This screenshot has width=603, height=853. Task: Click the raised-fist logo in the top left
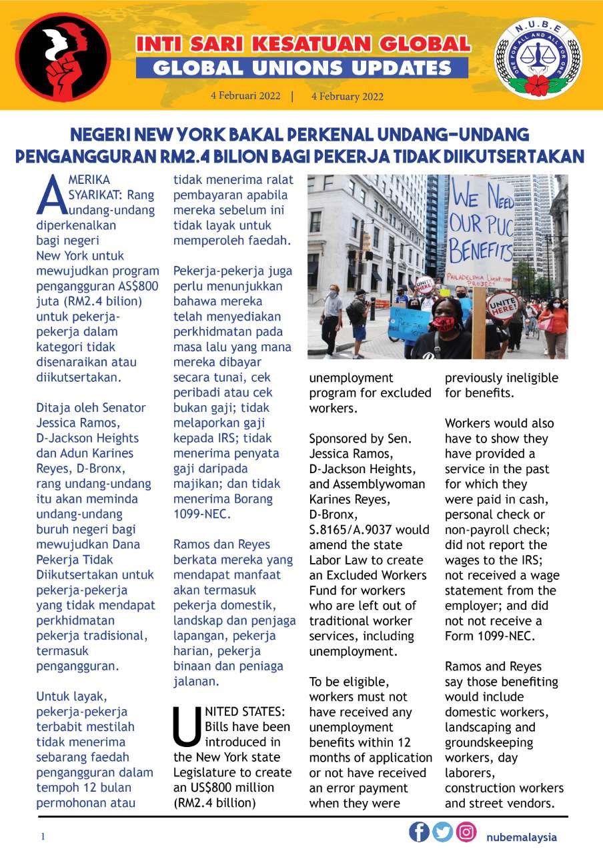[x=63, y=56]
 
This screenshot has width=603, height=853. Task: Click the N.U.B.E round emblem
[x=538, y=57]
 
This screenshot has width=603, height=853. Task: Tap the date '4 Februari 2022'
[x=245, y=96]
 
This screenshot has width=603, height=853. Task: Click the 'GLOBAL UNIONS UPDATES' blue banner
[x=302, y=68]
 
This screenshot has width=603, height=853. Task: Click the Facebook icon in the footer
[x=419, y=832]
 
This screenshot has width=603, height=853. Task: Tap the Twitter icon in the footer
[x=442, y=832]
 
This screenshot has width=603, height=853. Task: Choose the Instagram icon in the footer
[x=466, y=832]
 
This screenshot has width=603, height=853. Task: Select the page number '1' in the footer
[x=43, y=837]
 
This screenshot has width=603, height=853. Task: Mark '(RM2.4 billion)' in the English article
[x=214, y=802]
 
